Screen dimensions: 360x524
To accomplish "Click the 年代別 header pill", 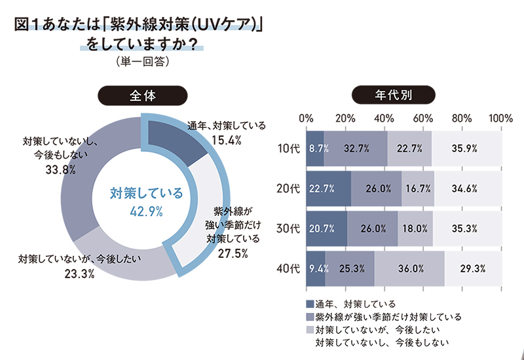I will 392,95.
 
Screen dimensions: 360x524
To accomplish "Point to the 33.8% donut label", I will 60,170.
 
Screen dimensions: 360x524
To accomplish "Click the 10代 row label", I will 288,149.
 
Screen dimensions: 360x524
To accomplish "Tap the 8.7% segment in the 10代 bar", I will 316,149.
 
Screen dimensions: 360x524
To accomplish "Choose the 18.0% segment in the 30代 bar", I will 415,229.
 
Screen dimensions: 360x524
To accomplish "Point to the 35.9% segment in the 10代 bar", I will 466,149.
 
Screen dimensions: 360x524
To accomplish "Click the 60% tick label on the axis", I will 423,118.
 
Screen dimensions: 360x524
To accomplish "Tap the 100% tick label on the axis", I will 500,118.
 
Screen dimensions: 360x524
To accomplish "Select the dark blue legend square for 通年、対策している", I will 310,304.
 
